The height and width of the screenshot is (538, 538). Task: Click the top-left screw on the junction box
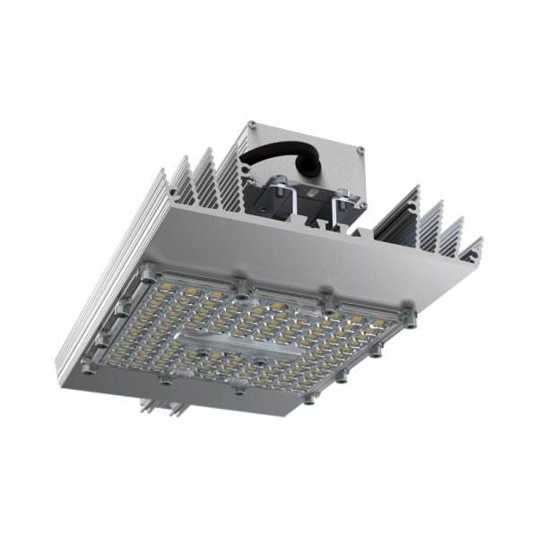pyautogui.click(x=253, y=125)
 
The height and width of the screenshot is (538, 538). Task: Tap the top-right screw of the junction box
pyautogui.click(x=360, y=152)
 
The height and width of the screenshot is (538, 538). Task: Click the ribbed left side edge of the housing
pyautogui.click(x=99, y=287)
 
